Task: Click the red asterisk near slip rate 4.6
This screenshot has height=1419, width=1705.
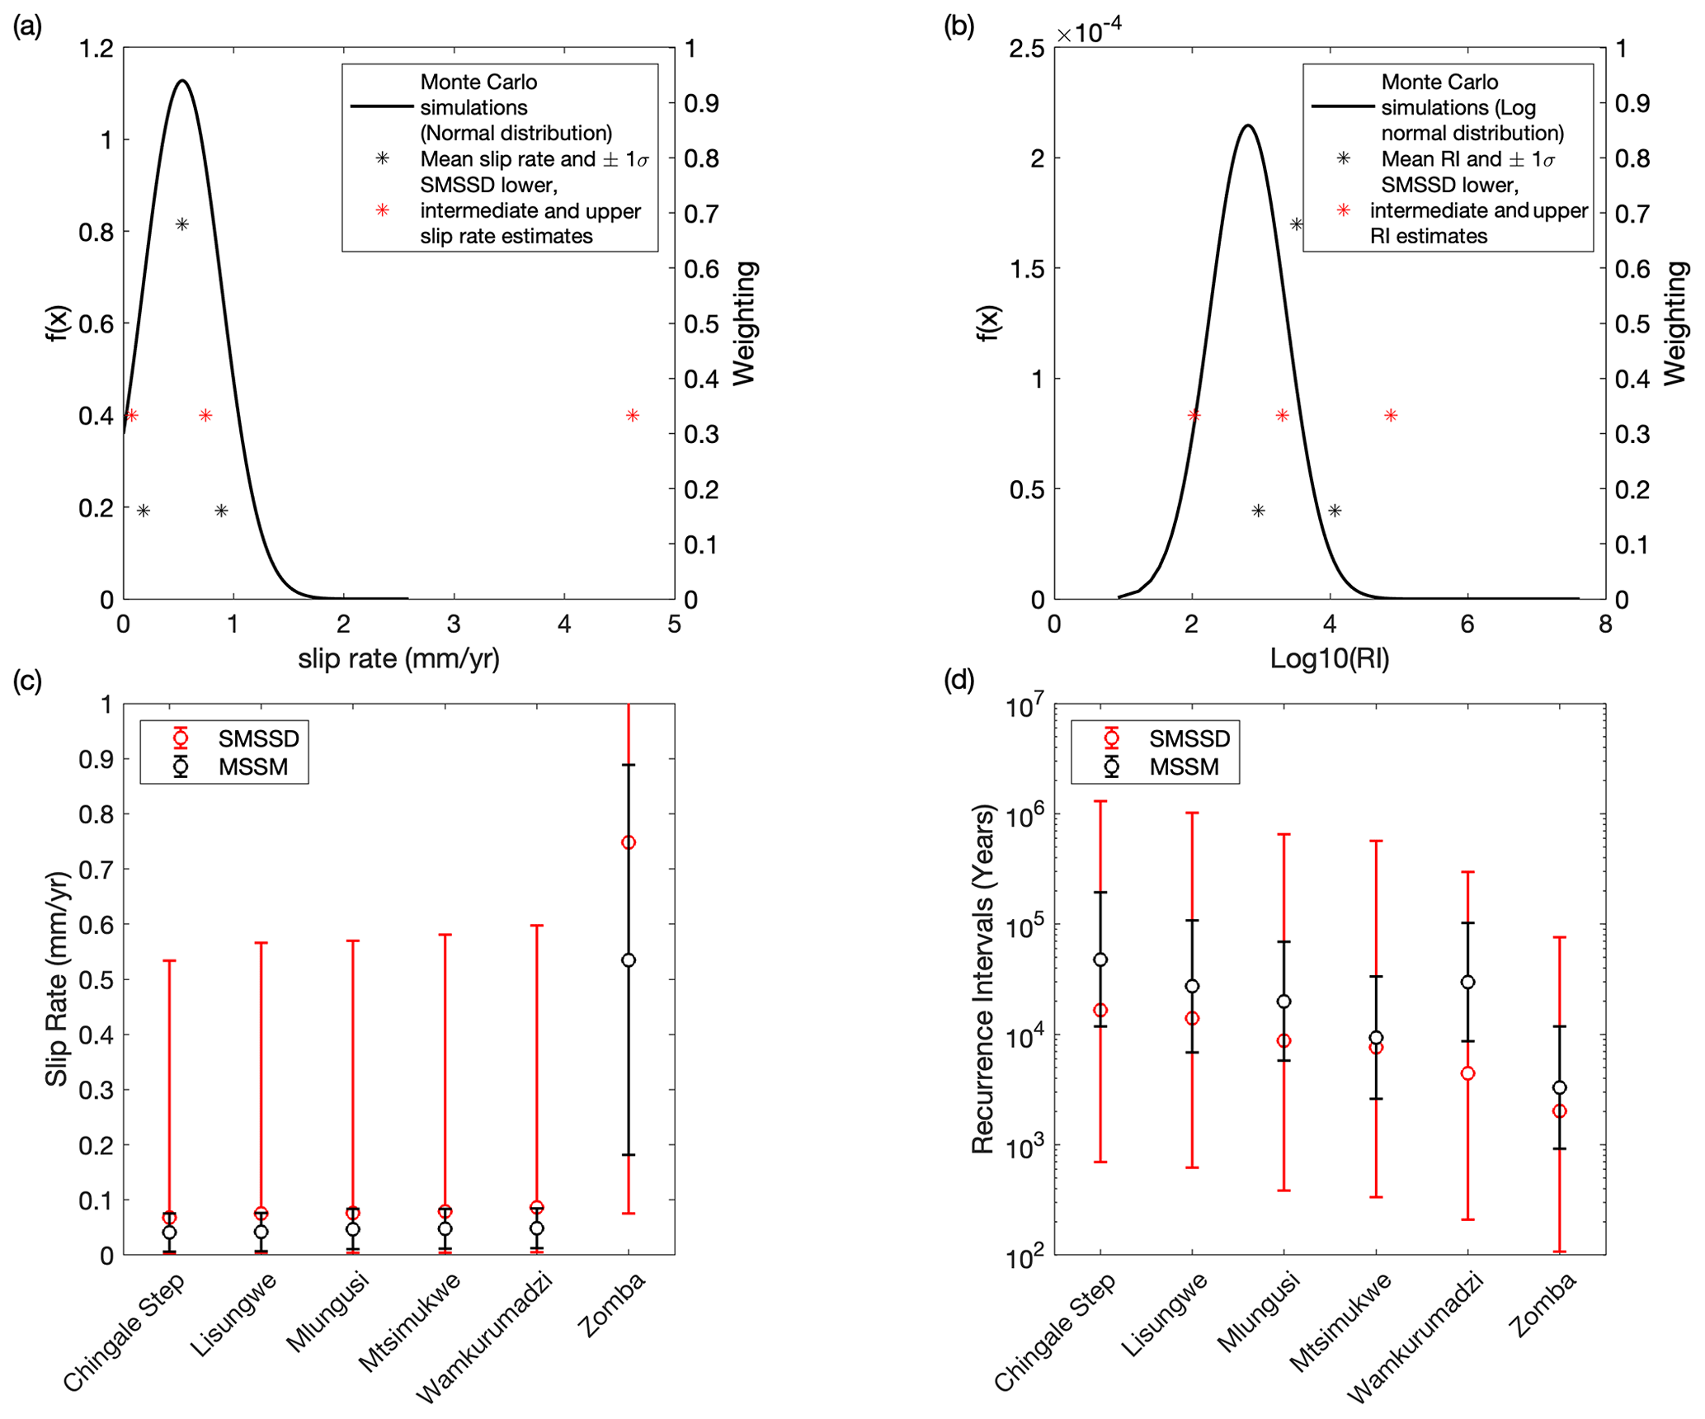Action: [632, 415]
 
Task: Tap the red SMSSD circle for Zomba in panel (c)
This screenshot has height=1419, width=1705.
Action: [629, 842]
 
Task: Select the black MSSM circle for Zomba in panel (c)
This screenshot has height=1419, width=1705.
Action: [629, 960]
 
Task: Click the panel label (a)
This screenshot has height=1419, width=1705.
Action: [27, 26]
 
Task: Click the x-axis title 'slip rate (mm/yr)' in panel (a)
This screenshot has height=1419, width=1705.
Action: [398, 658]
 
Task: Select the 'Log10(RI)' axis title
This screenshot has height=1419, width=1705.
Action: [1329, 658]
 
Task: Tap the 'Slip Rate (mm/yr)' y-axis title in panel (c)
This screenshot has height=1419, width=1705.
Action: [56, 979]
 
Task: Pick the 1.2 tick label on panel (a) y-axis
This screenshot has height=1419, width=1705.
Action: [96, 49]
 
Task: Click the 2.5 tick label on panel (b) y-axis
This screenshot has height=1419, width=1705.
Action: [1026, 49]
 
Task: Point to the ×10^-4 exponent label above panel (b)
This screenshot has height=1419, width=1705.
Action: [1089, 31]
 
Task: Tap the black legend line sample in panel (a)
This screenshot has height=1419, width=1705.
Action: [382, 106]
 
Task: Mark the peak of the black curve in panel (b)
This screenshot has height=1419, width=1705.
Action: [1248, 125]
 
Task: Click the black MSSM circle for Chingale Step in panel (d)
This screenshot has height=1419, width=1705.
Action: [1100, 959]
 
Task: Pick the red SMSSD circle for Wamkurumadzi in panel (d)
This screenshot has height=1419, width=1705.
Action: [1468, 1073]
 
